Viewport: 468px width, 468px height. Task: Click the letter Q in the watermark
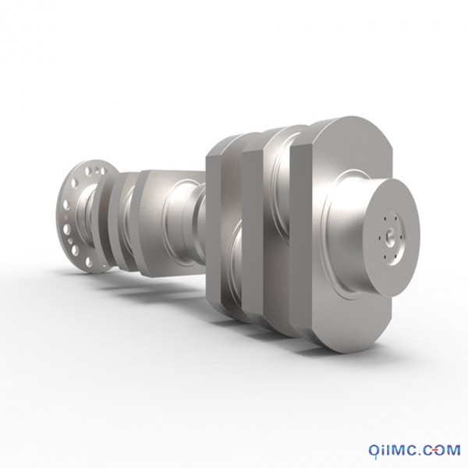pos(374,449)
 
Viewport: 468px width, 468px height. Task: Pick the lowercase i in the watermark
pos(384,449)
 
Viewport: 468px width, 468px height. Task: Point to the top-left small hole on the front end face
pos(385,219)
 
